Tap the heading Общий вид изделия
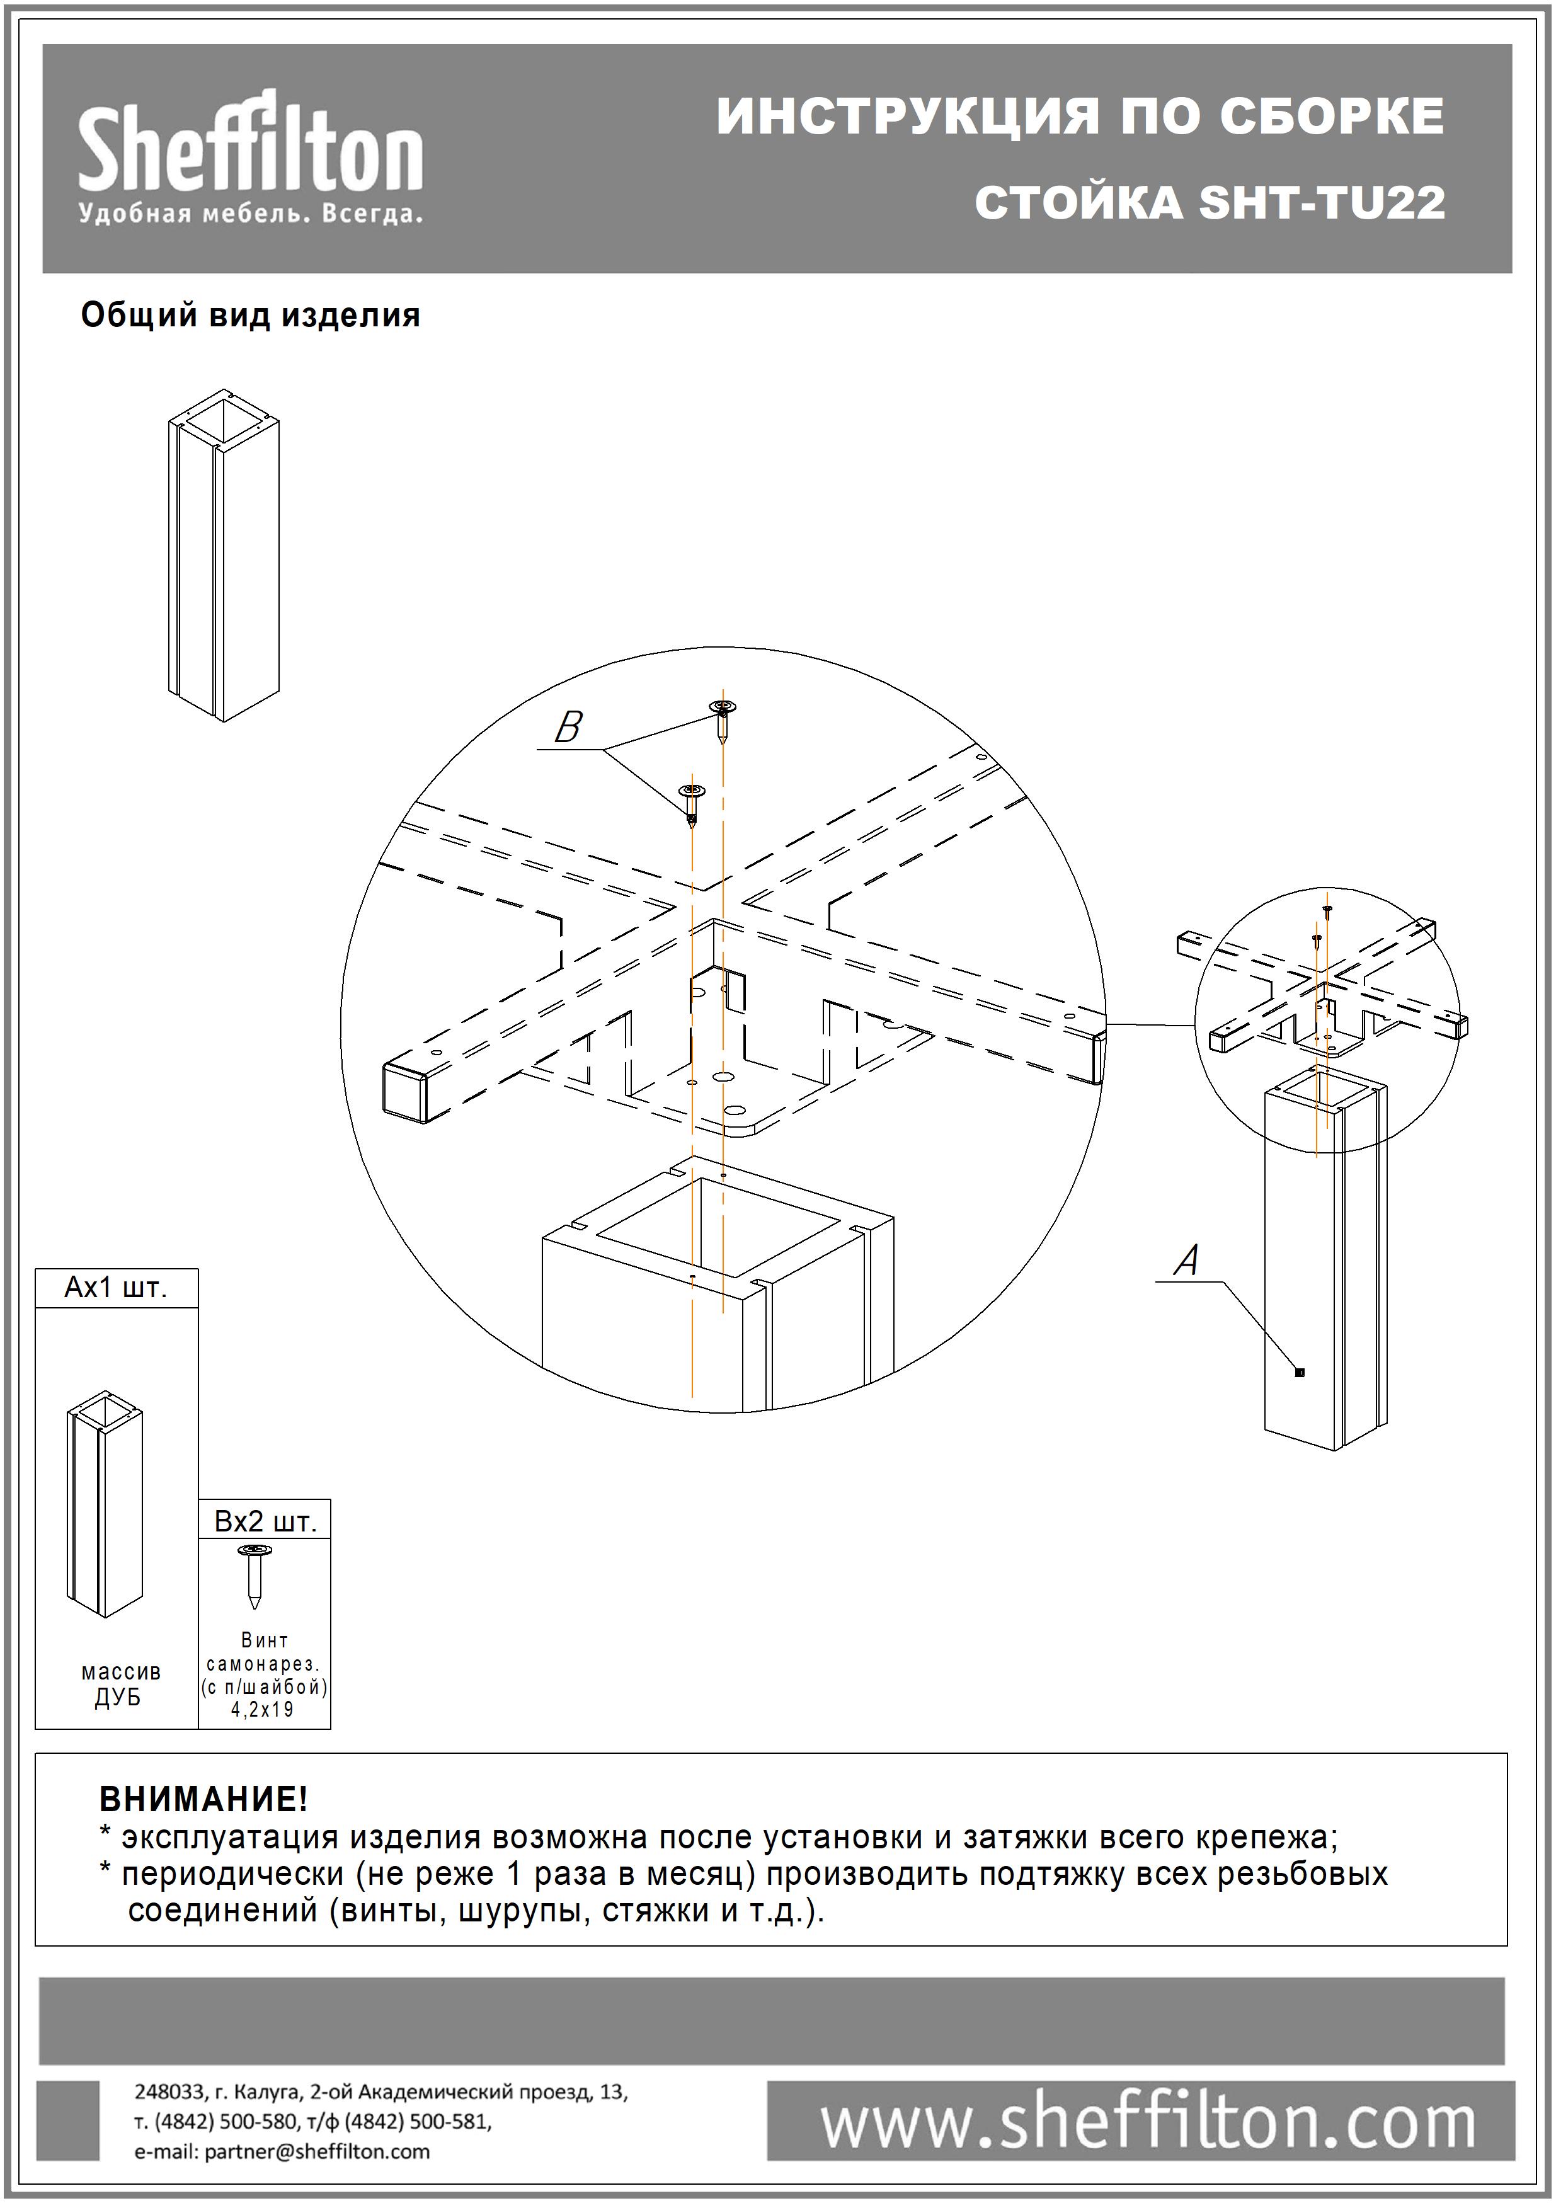pyautogui.click(x=250, y=316)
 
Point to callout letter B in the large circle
pyautogui.click(x=568, y=727)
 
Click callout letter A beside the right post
pyautogui.click(x=1187, y=1260)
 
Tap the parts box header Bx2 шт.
pyautogui.click(x=265, y=1522)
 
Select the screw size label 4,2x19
pyautogui.click(x=263, y=1709)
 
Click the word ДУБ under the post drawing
pyautogui.click(x=118, y=1697)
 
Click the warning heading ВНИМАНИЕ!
pyautogui.click(x=203, y=1798)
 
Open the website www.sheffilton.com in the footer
pyautogui.click(x=1147, y=2124)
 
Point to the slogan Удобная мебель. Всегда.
pyautogui.click(x=250, y=213)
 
